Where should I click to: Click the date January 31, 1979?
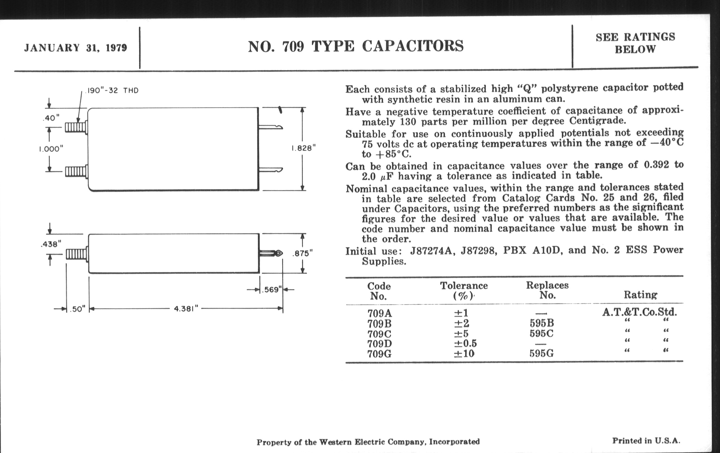(x=75, y=48)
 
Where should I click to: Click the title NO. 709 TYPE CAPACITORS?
(x=356, y=46)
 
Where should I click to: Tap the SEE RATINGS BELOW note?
(x=635, y=43)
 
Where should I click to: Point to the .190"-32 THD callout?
(x=112, y=91)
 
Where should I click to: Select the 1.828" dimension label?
(x=303, y=148)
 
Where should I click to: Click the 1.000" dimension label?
(x=51, y=149)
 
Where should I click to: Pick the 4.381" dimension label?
(x=186, y=308)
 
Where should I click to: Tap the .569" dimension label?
(x=271, y=290)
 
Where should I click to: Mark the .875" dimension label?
(x=302, y=253)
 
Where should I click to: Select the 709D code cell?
(x=380, y=343)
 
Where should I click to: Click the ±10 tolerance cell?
(x=464, y=354)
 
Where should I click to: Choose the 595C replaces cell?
(x=541, y=333)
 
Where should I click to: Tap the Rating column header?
(x=640, y=295)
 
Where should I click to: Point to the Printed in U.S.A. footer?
(x=646, y=441)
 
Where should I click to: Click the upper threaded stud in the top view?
(x=76, y=128)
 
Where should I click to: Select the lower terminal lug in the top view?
(x=271, y=171)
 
